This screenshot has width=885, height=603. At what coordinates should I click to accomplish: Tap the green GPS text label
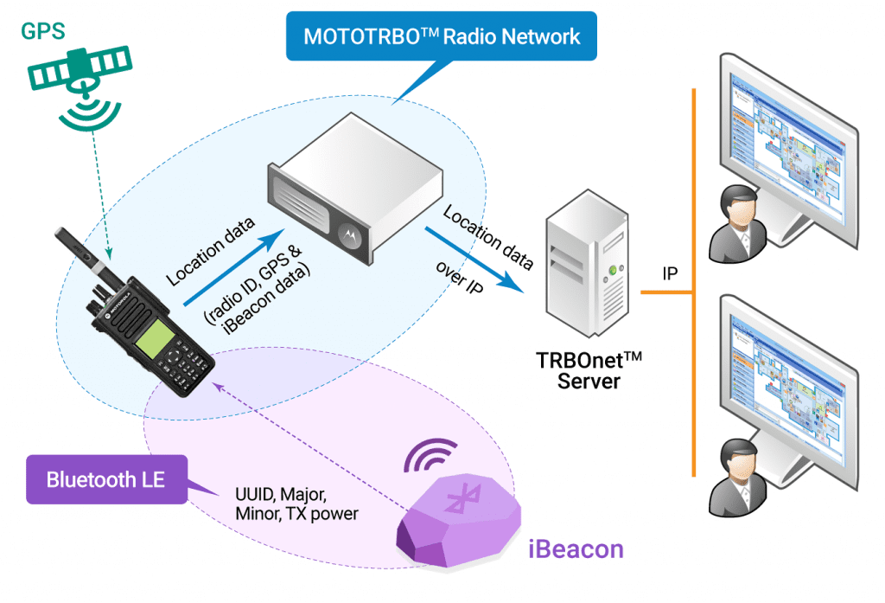(43, 32)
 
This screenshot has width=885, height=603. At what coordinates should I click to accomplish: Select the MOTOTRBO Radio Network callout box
(441, 36)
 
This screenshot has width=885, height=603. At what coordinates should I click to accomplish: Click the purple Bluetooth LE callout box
(106, 478)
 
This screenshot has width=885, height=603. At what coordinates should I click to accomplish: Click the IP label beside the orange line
(669, 274)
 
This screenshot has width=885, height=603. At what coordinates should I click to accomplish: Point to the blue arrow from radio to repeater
(233, 268)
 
